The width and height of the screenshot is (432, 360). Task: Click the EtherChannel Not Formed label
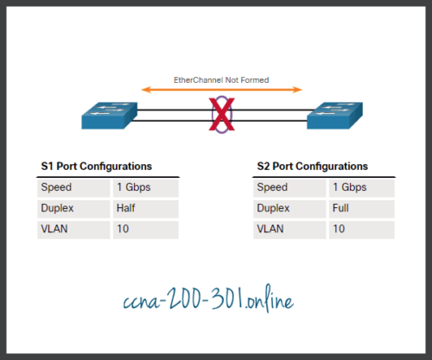coord(221,79)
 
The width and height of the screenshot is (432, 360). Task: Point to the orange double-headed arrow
coord(221,89)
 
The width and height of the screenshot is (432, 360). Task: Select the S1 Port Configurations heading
coord(97,166)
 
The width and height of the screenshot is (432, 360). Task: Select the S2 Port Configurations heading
coord(312,166)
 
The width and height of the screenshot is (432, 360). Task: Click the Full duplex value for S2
coord(341,208)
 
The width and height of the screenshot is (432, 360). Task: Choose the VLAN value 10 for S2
coord(339,230)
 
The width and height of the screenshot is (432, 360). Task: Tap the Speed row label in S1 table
coord(58,187)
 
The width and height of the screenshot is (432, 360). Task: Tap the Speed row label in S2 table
coord(273,187)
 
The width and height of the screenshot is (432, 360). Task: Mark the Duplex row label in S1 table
coord(59,208)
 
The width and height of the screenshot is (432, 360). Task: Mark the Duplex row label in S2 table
coord(274,208)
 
